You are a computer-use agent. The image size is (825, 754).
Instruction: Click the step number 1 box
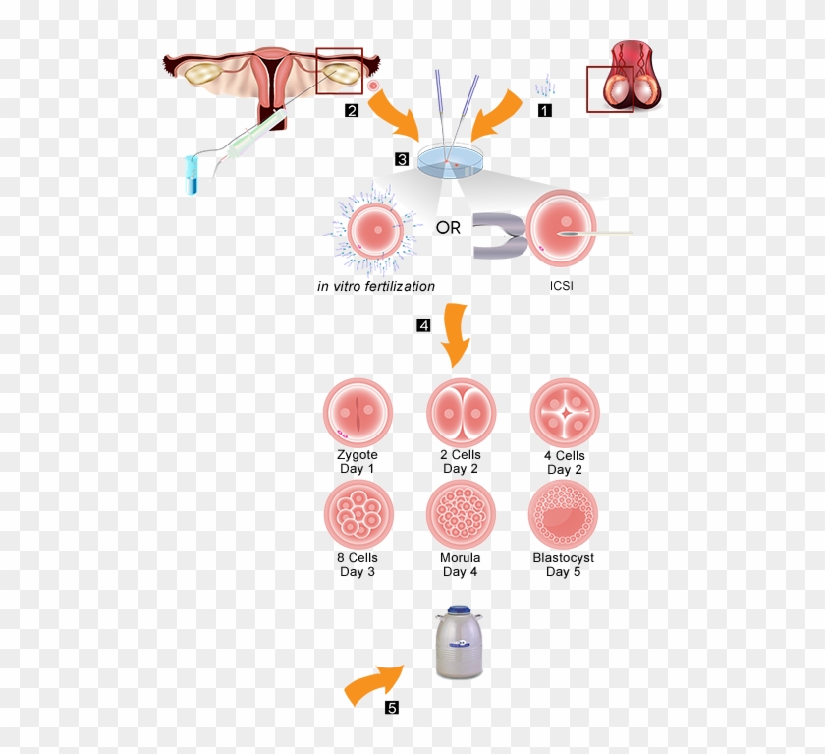click(x=544, y=111)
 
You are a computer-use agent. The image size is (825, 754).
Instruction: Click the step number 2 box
click(x=352, y=111)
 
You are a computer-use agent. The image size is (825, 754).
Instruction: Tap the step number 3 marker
click(x=402, y=158)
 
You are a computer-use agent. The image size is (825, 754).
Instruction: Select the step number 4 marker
click(x=423, y=325)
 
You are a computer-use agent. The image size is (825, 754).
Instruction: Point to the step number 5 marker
click(x=392, y=707)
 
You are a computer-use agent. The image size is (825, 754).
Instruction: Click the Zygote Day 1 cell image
click(x=357, y=413)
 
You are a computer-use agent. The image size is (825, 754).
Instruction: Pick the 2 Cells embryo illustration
click(x=461, y=413)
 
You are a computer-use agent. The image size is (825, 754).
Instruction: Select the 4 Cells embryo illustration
click(x=564, y=413)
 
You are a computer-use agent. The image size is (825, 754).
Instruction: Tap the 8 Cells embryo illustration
click(x=357, y=515)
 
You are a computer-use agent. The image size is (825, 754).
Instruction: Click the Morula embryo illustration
click(x=461, y=515)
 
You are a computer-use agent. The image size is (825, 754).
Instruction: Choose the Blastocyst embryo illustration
click(x=564, y=515)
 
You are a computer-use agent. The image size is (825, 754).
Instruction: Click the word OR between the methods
click(x=449, y=228)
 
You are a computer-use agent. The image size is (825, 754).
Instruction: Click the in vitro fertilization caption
click(x=375, y=287)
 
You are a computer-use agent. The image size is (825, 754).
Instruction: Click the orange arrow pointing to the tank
click(x=374, y=684)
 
